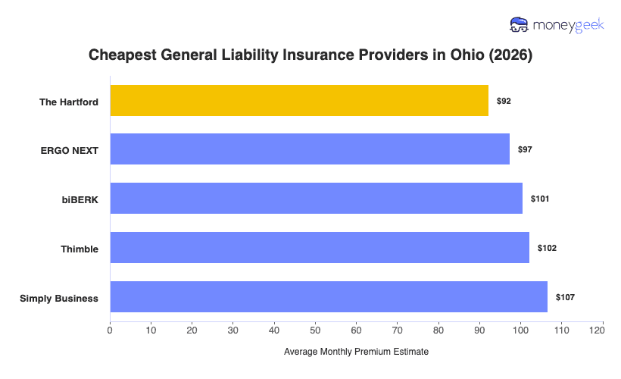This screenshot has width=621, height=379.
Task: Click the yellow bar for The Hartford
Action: click(299, 101)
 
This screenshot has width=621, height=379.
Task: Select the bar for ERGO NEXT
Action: click(310, 149)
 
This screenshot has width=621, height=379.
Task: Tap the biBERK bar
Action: click(316, 199)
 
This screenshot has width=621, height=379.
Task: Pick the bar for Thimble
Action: click(320, 248)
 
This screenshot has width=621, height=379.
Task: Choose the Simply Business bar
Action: click(329, 297)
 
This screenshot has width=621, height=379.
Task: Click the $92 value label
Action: click(504, 101)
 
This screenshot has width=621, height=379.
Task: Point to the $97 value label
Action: click(525, 150)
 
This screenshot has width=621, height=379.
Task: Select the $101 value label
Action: click(540, 199)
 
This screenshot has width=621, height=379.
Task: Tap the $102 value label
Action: click(547, 248)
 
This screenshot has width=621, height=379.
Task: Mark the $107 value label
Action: click(565, 297)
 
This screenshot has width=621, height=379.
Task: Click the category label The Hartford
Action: click(69, 102)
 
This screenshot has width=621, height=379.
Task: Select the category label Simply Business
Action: click(59, 298)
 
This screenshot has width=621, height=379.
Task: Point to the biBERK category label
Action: click(80, 199)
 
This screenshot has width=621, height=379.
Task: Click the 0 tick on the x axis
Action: click(110, 330)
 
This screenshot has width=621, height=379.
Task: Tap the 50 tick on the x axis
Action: click(315, 330)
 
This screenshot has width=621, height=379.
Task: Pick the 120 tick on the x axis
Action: click(602, 330)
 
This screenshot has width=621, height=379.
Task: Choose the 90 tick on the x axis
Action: click(479, 330)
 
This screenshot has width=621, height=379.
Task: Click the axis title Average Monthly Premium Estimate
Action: click(356, 352)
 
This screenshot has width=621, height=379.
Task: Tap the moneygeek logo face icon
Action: click(520, 25)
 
